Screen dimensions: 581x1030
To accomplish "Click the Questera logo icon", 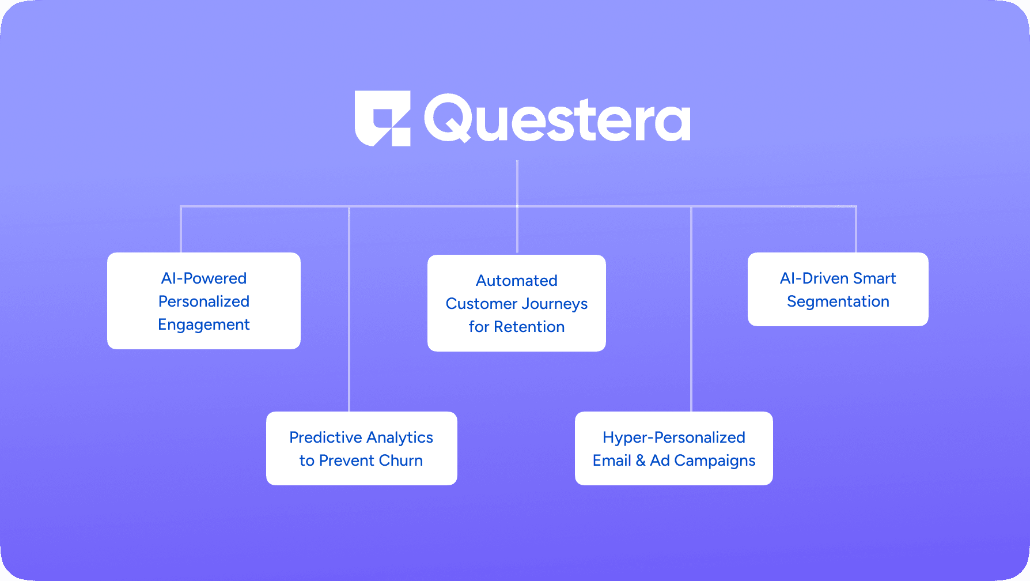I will [x=383, y=118].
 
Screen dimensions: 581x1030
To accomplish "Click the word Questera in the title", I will [x=557, y=119].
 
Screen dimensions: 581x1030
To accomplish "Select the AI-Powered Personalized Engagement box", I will [x=204, y=301].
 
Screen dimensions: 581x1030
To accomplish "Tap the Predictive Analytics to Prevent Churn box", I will [x=361, y=448].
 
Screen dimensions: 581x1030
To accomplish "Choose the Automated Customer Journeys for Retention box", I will [x=517, y=303].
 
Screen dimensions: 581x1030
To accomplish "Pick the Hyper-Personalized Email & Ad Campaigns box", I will [x=673, y=448].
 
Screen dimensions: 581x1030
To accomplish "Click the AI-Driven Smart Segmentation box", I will [x=838, y=289].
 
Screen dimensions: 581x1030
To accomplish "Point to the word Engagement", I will [x=204, y=325].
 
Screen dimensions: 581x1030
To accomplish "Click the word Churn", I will [x=401, y=461].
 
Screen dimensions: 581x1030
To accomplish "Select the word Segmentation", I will [x=838, y=301].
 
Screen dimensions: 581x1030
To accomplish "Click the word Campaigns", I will [x=714, y=461].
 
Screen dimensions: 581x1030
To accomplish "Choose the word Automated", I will [x=517, y=281].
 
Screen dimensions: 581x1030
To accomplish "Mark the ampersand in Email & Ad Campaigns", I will [x=641, y=461].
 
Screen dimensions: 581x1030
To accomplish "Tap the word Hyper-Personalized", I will [x=673, y=437].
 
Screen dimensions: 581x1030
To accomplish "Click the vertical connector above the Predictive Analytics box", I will [x=349, y=311].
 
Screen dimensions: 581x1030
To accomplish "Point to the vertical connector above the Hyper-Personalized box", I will [x=691, y=311].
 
